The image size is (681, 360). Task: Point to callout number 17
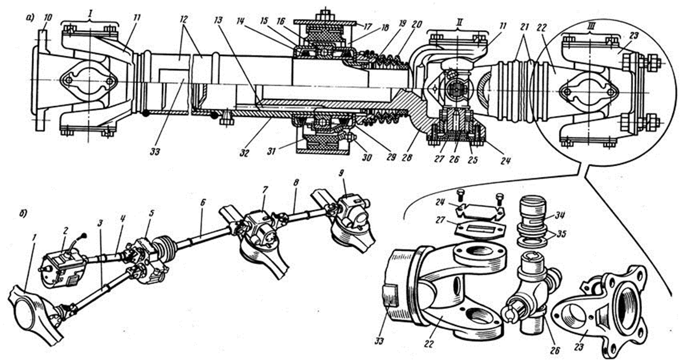pos(368,27)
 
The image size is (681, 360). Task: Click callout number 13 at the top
pos(218,21)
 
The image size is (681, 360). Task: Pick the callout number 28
pos(407,157)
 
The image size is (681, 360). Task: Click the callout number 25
pos(473,159)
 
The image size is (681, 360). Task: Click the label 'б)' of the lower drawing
pos(23,214)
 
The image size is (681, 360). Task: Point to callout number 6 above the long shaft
pos(203,202)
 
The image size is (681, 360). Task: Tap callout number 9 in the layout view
pos(341,173)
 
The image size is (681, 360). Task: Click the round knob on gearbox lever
pos(84,235)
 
